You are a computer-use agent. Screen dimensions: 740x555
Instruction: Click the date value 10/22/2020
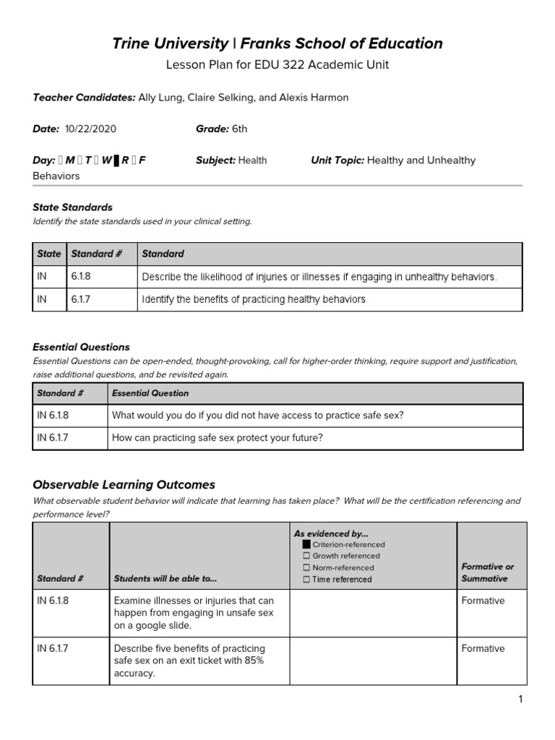(90, 129)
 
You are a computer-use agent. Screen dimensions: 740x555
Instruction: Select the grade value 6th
(239, 129)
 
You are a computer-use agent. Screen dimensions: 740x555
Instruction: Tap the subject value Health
(252, 160)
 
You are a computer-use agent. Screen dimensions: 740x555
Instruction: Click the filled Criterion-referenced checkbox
(306, 544)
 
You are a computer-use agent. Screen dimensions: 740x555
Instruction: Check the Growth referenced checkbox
(306, 556)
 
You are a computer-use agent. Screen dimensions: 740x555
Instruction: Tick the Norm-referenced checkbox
(306, 567)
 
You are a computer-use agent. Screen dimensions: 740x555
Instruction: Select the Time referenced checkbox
(306, 579)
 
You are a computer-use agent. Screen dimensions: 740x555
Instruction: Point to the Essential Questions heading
(81, 347)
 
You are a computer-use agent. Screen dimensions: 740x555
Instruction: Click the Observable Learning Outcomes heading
(124, 484)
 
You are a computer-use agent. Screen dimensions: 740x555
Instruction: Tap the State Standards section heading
(72, 207)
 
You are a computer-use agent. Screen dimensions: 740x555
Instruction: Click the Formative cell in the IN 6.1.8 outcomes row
(483, 601)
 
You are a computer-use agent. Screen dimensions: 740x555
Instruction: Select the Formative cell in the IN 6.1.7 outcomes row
(483, 648)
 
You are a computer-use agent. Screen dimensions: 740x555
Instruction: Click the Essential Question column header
(150, 393)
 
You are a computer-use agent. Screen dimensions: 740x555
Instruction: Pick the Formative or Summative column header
(488, 572)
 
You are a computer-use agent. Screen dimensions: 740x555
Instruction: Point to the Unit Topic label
(337, 160)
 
